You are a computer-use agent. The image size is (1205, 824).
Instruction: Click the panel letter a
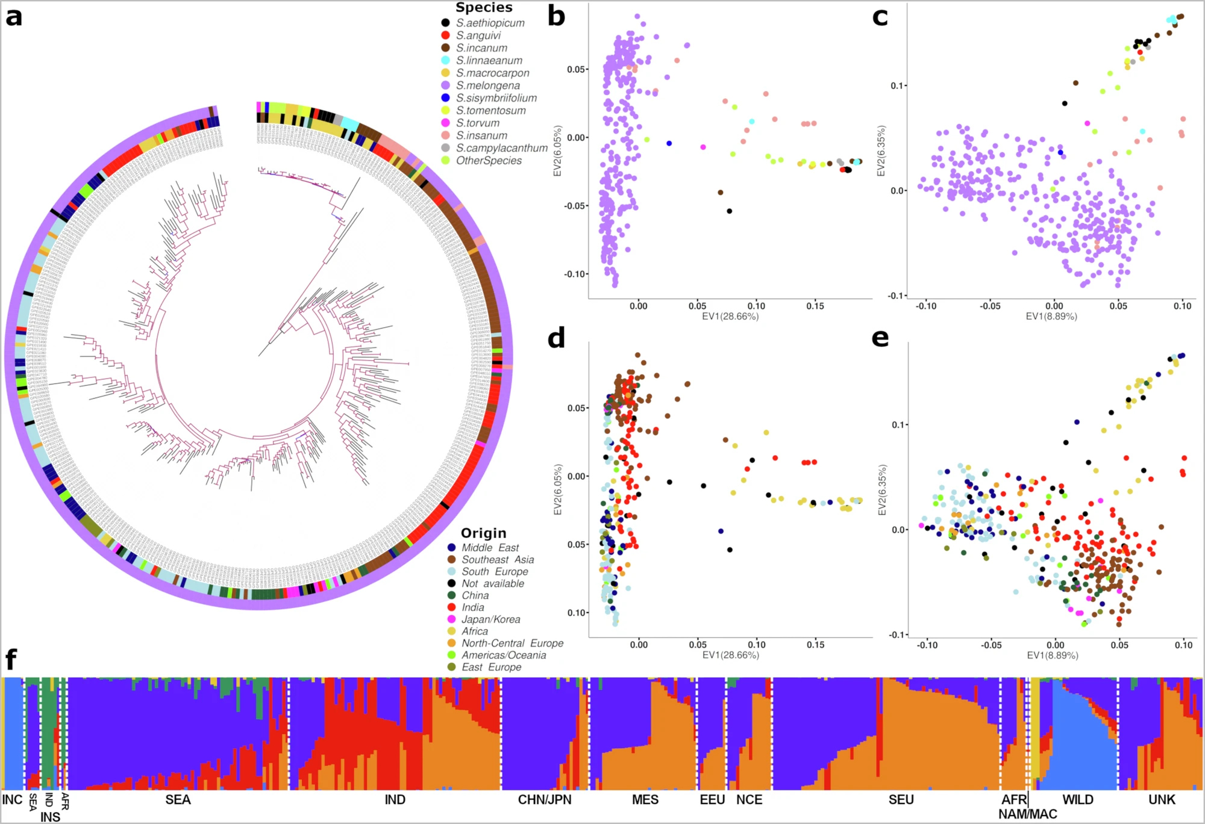(x=14, y=17)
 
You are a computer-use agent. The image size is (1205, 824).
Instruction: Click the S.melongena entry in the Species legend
(x=487, y=85)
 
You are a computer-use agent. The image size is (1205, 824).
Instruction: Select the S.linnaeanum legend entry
(x=489, y=60)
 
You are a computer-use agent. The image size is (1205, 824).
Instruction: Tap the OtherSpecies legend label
(x=489, y=161)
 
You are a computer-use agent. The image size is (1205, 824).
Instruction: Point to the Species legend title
(x=484, y=7)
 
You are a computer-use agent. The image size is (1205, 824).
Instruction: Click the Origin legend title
(x=483, y=533)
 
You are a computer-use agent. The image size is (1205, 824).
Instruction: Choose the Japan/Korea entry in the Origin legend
(x=490, y=619)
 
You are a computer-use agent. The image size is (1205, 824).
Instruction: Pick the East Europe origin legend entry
(x=491, y=667)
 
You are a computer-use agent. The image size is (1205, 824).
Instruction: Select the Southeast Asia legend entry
(x=498, y=560)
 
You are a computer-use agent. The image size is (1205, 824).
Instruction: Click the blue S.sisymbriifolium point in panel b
(x=669, y=143)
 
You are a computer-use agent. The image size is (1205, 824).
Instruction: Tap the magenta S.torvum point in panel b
(x=703, y=147)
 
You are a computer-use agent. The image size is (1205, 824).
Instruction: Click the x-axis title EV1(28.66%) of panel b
(x=730, y=317)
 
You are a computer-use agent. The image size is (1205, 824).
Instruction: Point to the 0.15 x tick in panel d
(x=816, y=645)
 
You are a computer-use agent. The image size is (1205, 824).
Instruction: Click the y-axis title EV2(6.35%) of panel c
(x=881, y=150)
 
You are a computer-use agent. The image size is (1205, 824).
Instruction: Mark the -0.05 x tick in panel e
(x=991, y=645)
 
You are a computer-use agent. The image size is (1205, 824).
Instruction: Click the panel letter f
(x=10, y=660)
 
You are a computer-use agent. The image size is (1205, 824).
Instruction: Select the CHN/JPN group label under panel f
(x=545, y=800)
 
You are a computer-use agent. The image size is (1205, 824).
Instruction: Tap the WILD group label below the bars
(x=1077, y=800)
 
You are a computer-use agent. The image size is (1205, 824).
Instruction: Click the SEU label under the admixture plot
(x=901, y=800)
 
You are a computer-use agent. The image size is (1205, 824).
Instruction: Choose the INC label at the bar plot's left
(x=12, y=800)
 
